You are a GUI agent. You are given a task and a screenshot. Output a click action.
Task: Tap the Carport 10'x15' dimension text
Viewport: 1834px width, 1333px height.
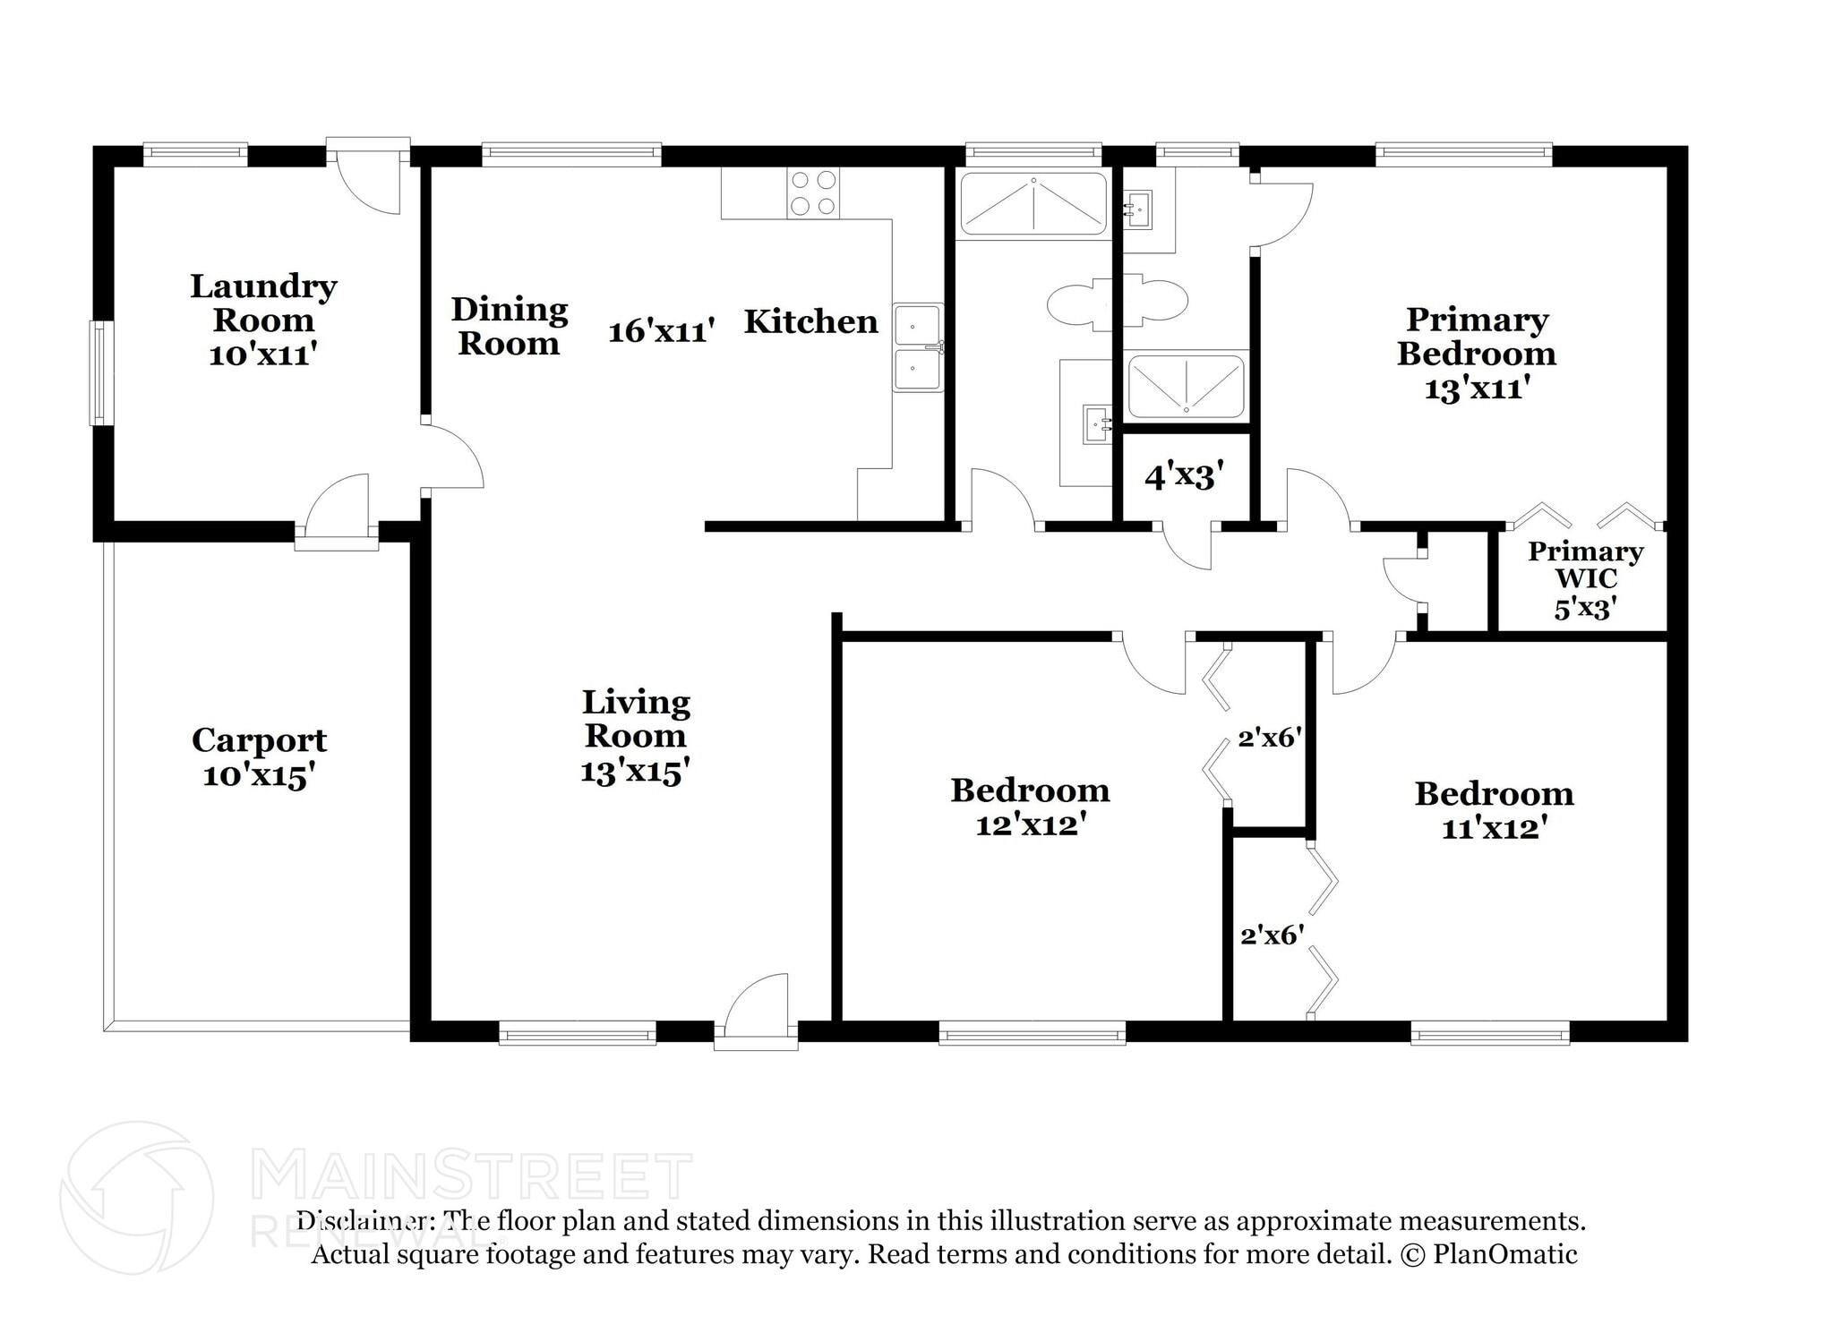(259, 775)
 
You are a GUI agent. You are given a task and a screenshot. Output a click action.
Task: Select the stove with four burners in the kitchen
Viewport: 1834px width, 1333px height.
(813, 193)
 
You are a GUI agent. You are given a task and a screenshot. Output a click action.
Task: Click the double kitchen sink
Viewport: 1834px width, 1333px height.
(918, 347)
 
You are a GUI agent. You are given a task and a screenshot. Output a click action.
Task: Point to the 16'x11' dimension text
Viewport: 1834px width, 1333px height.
(661, 331)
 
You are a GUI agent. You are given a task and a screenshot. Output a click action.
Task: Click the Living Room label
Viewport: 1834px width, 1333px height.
(636, 719)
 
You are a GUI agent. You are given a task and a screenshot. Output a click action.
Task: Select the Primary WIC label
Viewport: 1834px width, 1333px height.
(1585, 565)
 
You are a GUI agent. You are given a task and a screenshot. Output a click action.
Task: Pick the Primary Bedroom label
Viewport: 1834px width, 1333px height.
(1476, 337)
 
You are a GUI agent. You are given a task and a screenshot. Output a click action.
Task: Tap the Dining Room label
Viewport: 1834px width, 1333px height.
(509, 327)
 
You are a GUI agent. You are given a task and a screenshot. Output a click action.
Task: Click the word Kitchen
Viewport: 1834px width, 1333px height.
(810, 321)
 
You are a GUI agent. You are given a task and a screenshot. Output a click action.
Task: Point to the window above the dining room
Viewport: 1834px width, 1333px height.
(571, 155)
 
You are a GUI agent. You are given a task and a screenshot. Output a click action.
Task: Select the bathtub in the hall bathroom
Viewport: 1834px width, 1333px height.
(1033, 204)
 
